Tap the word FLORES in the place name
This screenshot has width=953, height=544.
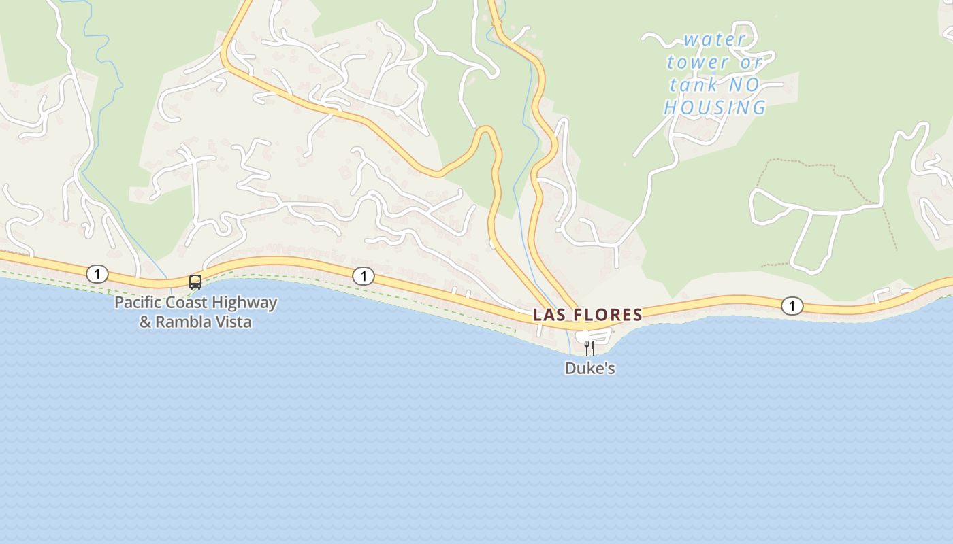609,315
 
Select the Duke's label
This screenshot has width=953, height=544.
589,369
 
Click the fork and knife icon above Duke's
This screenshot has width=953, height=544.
589,348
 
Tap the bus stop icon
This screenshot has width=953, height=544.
195,282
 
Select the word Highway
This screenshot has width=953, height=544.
244,303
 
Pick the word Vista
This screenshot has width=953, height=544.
233,322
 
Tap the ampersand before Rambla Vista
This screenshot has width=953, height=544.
146,322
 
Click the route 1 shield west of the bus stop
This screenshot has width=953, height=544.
97,274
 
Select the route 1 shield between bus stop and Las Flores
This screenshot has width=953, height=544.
364,275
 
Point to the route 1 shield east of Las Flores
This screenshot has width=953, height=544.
792,306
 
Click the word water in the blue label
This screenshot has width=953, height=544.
714,40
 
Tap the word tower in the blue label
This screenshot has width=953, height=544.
697,63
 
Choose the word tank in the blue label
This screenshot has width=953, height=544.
694,86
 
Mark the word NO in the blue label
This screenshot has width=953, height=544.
743,85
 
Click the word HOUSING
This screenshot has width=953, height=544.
715,108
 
